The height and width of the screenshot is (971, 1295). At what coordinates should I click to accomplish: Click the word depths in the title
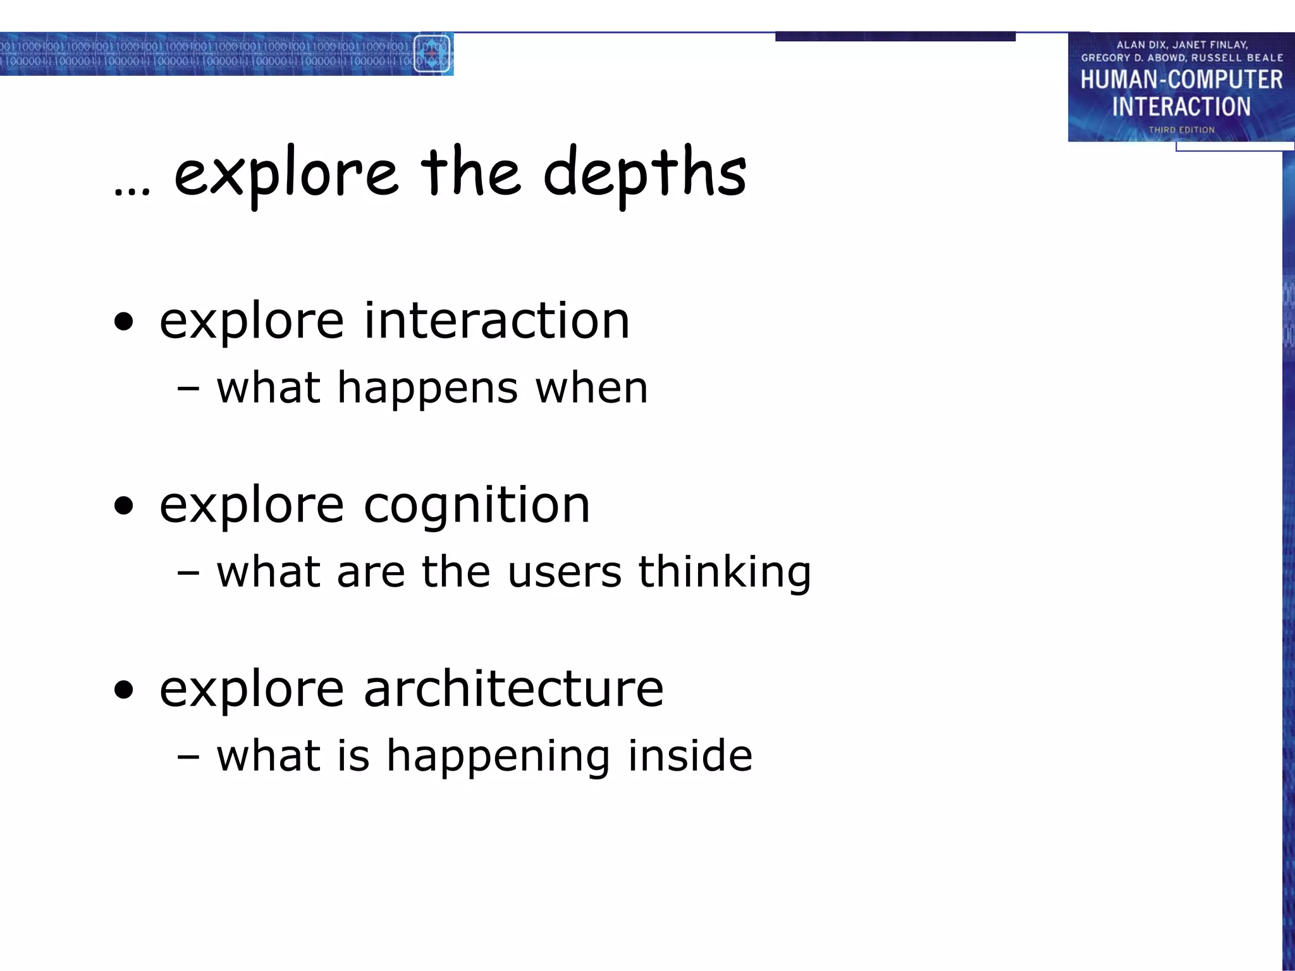(644, 174)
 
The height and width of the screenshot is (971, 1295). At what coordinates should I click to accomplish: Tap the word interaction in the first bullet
(496, 321)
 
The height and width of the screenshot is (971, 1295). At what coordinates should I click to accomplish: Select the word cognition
(477, 506)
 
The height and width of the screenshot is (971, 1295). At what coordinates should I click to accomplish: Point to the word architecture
(513, 689)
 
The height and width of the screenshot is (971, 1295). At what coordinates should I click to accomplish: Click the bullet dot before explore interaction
(125, 322)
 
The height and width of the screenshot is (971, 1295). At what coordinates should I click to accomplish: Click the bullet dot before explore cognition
(125, 506)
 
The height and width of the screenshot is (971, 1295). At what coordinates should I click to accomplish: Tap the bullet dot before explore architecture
(125, 690)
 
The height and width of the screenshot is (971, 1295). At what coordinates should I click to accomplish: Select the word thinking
(724, 572)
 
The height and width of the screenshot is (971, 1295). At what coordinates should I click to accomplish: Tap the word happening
(498, 757)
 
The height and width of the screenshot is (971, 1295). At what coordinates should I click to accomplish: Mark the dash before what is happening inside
(188, 757)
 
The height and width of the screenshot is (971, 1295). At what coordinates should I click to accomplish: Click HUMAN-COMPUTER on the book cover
(1181, 80)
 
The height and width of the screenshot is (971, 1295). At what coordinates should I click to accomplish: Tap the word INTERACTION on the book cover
(1181, 107)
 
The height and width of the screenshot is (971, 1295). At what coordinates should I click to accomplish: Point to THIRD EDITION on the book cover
(1181, 130)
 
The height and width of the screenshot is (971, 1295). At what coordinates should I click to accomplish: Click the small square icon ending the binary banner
(432, 54)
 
